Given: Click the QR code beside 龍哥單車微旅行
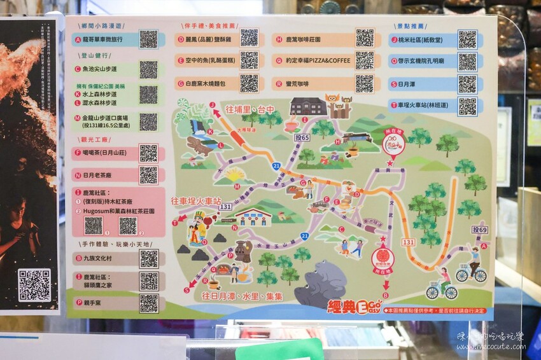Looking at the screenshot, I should [x=148, y=39].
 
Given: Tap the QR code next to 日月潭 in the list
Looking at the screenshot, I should [x=467, y=84].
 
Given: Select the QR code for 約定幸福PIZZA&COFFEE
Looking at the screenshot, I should [x=364, y=60].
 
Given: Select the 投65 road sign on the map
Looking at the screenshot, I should [x=302, y=137].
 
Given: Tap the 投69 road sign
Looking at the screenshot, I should [x=479, y=230].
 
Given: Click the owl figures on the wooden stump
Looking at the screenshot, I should [x=339, y=106].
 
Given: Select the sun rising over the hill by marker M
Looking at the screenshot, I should [x=235, y=174].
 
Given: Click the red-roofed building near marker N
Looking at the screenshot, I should [x=253, y=217].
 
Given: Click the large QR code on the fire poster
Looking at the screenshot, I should [x=34, y=285].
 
